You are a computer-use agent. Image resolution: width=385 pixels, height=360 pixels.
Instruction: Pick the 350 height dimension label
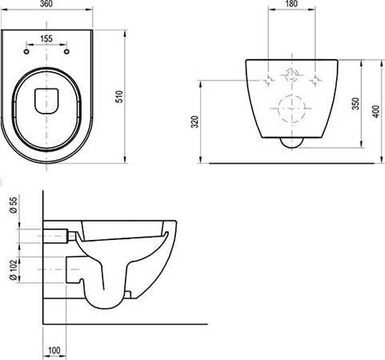point(354,103)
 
